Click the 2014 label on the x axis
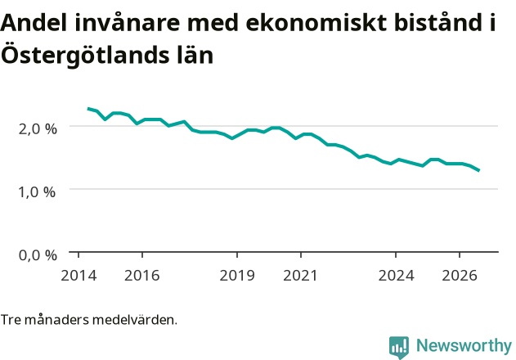tap(79, 276)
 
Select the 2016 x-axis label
tap(141, 276)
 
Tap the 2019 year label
tap(237, 276)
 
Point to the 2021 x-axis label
tap(300, 276)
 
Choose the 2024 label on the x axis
tap(397, 276)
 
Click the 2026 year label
tap(460, 276)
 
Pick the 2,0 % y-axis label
tap(38, 128)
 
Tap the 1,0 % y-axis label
tap(37, 191)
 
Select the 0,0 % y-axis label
tap(38, 255)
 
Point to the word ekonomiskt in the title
tap(316, 23)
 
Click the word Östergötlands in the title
tap(85, 54)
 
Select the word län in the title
tap(195, 54)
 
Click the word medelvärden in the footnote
tap(135, 319)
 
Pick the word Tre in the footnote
tap(11, 319)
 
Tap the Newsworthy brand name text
tap(464, 346)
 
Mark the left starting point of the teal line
tap(87, 108)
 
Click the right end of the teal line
tap(479, 170)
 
